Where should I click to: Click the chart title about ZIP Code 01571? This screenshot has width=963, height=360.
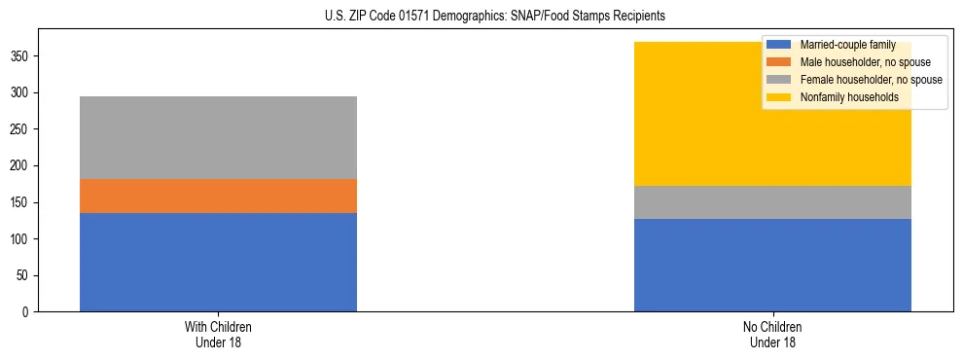495,17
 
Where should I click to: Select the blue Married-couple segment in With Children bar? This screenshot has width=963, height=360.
218,262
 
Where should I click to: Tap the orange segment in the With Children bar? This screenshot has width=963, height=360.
218,196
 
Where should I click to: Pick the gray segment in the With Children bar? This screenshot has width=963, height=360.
218,137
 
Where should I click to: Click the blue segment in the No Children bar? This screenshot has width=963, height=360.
772,266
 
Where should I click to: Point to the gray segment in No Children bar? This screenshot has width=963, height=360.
772,202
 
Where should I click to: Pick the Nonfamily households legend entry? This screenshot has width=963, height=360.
842,97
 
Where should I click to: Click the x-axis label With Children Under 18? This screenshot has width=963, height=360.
218,334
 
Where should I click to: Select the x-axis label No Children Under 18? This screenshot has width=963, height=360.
772,334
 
